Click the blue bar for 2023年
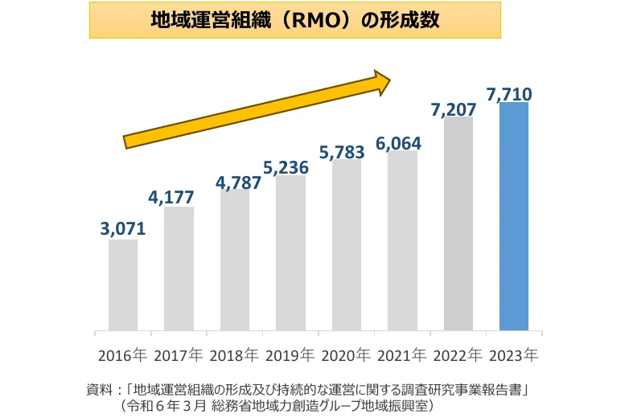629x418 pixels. click(x=514, y=216)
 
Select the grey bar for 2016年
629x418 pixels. click(x=123, y=285)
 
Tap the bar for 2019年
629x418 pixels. click(x=290, y=252)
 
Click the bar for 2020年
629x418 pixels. click(x=347, y=244)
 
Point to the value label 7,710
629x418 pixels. click(x=509, y=95)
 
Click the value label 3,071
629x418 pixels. click(x=123, y=229)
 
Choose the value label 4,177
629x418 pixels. click(x=171, y=197)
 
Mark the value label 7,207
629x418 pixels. click(x=454, y=109)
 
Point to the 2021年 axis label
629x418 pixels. click(x=401, y=354)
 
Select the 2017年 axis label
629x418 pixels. click(x=178, y=354)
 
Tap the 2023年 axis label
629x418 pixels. click(x=513, y=354)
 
